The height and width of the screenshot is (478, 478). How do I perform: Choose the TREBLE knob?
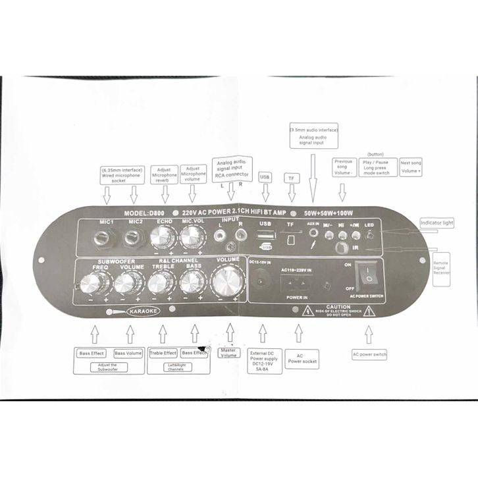[x=159, y=284]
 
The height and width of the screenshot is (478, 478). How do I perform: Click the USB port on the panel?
[x=266, y=238]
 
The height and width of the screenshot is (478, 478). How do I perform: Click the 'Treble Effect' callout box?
[x=162, y=353]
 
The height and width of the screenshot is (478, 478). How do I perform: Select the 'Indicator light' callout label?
[x=437, y=223]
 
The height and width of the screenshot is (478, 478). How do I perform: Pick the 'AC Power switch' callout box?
[x=370, y=355]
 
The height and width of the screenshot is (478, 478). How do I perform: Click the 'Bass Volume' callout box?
[x=128, y=353]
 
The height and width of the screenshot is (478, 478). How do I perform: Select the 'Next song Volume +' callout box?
[x=411, y=167]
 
